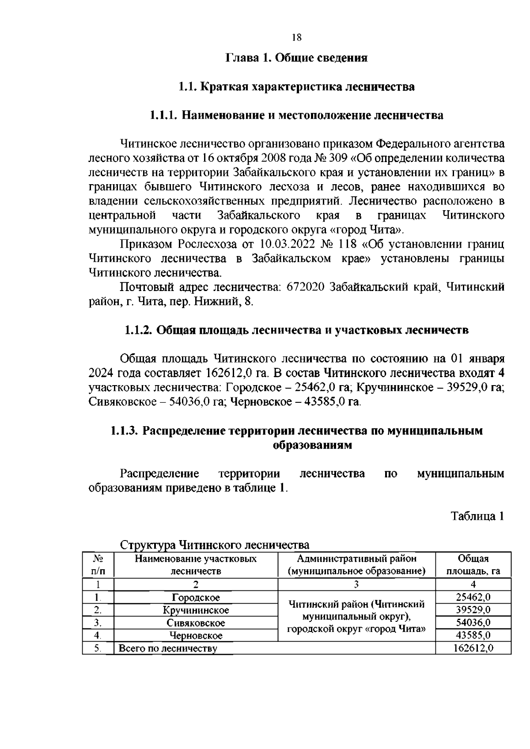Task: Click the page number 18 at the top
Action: pyautogui.click(x=296, y=38)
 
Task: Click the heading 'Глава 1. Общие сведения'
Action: pyautogui.click(x=296, y=58)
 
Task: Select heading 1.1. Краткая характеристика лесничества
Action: pyautogui.click(x=296, y=87)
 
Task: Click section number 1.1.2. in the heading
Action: pyautogui.click(x=139, y=330)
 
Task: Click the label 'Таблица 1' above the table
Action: pyautogui.click(x=477, y=516)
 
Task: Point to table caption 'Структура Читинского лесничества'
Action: pyautogui.click(x=215, y=545)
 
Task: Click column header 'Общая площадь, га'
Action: pyautogui.click(x=473, y=565)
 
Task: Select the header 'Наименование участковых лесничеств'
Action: pyautogui.click(x=196, y=565)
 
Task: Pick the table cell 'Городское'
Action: pyautogui.click(x=196, y=598)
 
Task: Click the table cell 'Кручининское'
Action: pyautogui.click(x=196, y=610)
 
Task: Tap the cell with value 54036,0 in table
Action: pyautogui.click(x=473, y=623)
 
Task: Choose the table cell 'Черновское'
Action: pyautogui.click(x=196, y=636)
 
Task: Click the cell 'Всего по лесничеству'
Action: pyautogui.click(x=168, y=648)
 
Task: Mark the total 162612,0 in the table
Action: pyautogui.click(x=473, y=648)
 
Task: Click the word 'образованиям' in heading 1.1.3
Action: pyautogui.click(x=313, y=445)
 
